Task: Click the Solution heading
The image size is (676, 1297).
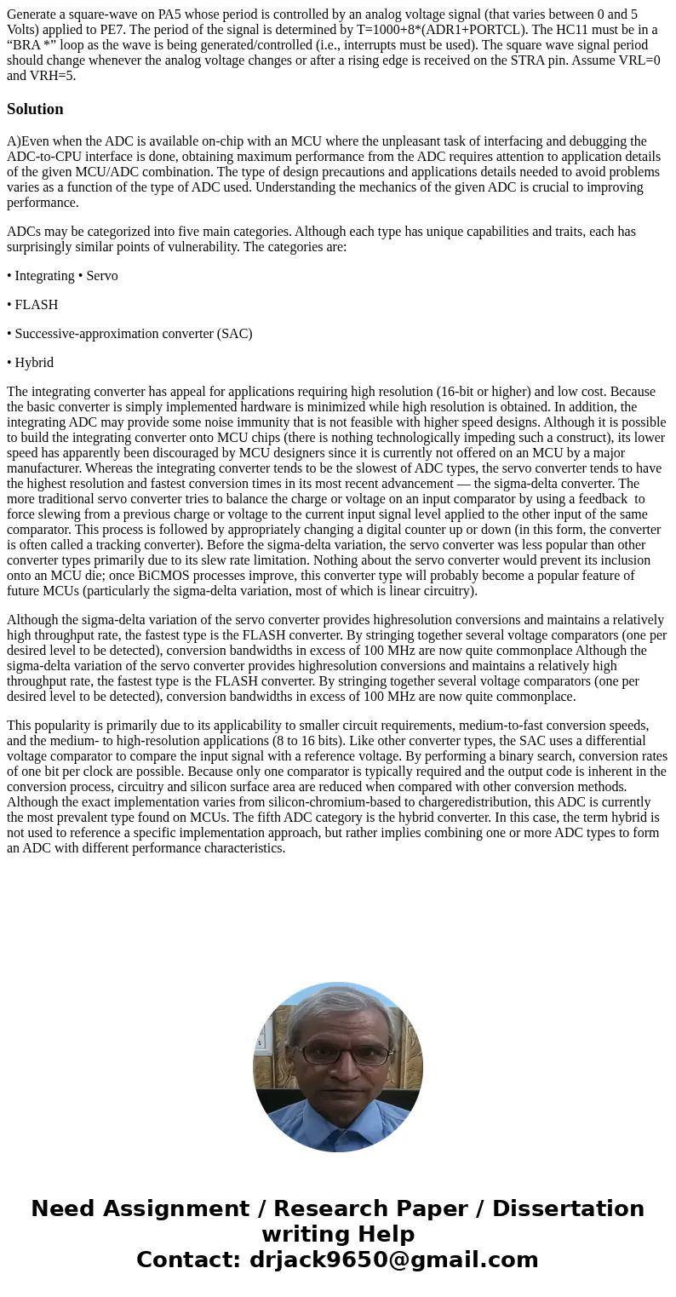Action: tap(35, 109)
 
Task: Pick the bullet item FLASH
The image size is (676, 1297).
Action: tap(36, 305)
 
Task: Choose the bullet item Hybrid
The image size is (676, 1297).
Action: tap(34, 363)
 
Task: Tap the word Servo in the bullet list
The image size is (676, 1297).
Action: tap(101, 276)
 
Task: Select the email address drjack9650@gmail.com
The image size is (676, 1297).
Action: tap(393, 1260)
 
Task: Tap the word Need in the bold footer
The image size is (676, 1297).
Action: tap(64, 1209)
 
